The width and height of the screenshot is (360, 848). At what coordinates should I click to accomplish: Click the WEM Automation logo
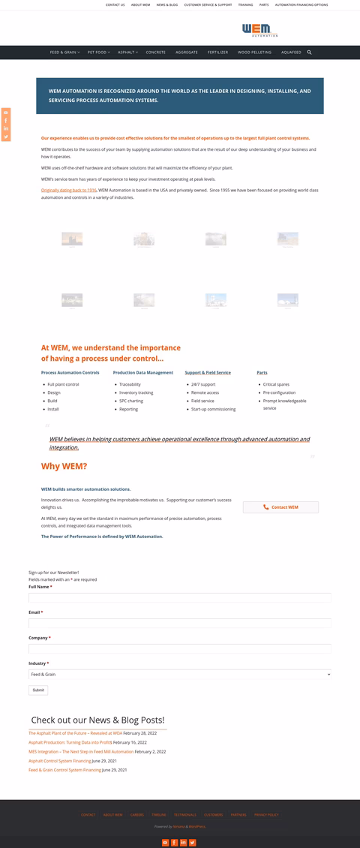coord(259,30)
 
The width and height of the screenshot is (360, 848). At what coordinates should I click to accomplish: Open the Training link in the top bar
coord(245,5)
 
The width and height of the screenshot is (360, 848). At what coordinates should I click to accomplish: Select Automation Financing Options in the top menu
coord(301,5)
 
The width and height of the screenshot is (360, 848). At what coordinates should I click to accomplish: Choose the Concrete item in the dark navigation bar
coord(156,53)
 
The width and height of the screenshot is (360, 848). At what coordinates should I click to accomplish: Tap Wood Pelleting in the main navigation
coord(254,53)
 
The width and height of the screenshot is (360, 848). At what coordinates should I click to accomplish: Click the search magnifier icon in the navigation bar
coord(309,53)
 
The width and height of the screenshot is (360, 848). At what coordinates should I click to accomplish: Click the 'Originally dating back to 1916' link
coord(69,191)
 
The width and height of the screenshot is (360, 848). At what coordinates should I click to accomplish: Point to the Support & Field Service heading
coord(208,372)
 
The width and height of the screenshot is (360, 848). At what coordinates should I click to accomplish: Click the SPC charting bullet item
coord(130,401)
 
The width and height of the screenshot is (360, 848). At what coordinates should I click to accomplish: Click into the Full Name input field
coord(179,597)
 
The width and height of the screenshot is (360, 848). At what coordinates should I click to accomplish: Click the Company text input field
coord(179,648)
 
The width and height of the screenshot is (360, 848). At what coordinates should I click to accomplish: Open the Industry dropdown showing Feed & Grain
coord(179,675)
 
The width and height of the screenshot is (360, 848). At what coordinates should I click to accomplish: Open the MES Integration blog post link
coord(81,751)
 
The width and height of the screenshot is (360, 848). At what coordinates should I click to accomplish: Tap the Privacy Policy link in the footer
coord(266,814)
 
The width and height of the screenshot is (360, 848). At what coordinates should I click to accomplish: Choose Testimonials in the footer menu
coord(185,814)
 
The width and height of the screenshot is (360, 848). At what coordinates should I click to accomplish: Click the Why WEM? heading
coord(64,466)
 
